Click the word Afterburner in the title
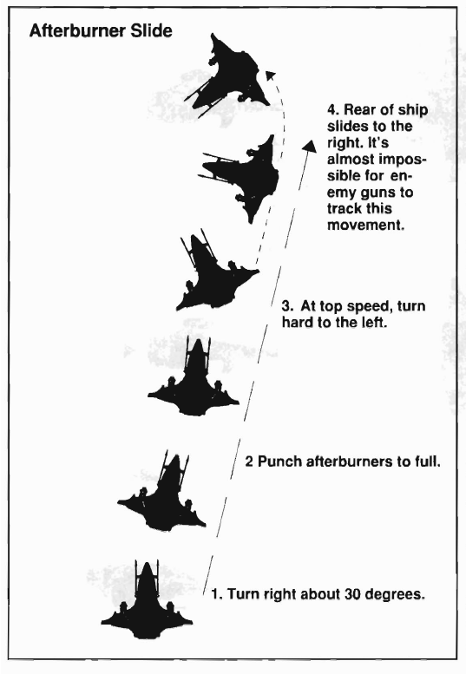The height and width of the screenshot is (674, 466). tap(82, 31)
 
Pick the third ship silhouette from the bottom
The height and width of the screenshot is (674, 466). tap(194, 378)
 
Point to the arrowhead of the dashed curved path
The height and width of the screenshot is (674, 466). tap(270, 75)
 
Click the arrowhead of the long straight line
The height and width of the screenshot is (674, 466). tap(309, 145)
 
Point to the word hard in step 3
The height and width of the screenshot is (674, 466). tap(298, 322)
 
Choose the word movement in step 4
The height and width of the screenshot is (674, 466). tap(366, 225)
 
